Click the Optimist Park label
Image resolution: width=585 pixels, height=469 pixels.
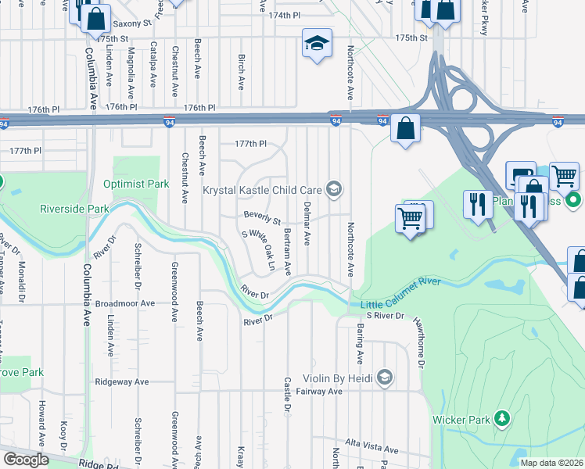(x=136, y=184)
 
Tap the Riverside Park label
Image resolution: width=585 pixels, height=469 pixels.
(x=74, y=209)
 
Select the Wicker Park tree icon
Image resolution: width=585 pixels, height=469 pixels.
(x=501, y=420)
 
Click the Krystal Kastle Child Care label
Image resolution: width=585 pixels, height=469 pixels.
(x=263, y=190)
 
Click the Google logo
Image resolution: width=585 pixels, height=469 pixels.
(x=26, y=460)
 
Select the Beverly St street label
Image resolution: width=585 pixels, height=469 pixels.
(x=262, y=217)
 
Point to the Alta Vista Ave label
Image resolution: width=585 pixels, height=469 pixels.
(x=372, y=449)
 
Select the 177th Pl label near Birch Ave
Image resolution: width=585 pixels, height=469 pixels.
(x=251, y=144)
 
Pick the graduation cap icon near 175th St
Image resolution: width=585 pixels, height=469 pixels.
(x=317, y=44)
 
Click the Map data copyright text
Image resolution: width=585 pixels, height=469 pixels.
(x=552, y=463)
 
